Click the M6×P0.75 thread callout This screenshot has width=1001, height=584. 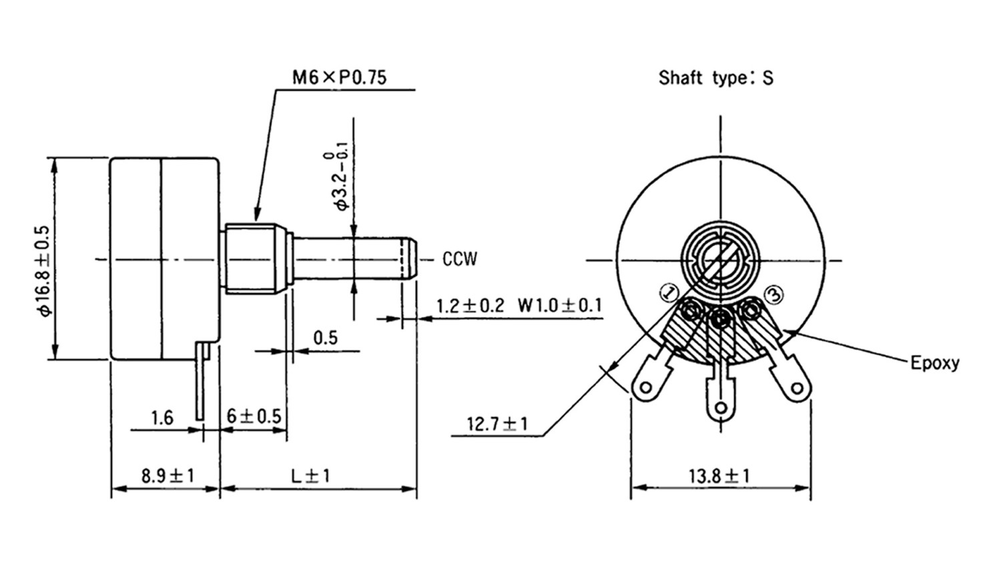[339, 77]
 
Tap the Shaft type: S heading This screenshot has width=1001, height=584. [715, 77]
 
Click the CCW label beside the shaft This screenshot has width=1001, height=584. [460, 259]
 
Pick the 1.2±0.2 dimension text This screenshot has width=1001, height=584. [470, 306]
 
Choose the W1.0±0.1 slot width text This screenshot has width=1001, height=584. [559, 306]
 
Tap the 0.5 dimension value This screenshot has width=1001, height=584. [325, 338]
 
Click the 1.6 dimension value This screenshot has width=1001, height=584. [162, 418]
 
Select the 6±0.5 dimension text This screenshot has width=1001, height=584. [254, 416]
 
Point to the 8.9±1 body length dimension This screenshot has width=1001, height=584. [167, 476]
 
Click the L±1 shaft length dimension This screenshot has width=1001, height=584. [310, 476]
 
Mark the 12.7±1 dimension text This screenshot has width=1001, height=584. [497, 424]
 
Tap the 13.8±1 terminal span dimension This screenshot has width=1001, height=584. [719, 476]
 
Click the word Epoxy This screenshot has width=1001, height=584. [935, 363]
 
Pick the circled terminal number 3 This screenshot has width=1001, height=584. [773, 293]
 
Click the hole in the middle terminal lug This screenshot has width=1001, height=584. [720, 406]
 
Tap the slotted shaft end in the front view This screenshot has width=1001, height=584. [719, 260]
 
